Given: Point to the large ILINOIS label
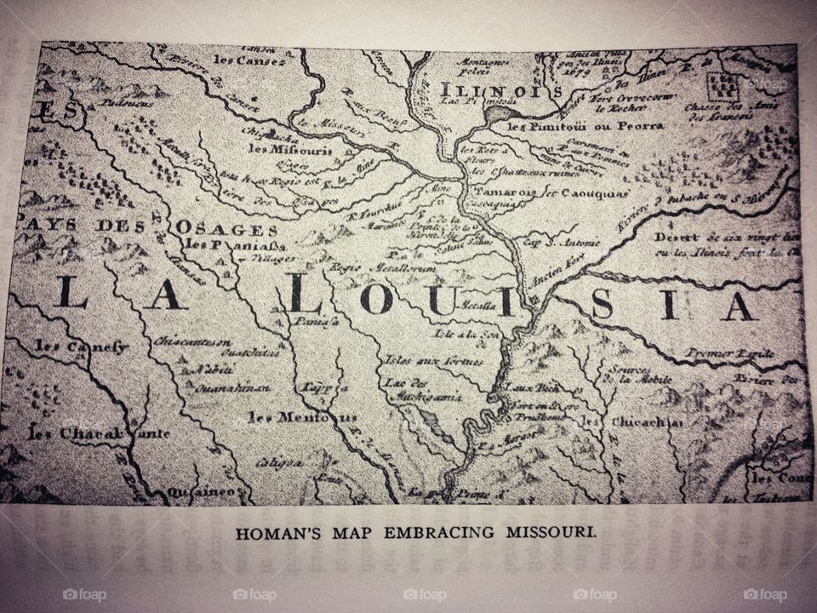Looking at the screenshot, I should (500, 89).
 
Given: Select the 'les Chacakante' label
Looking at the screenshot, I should (99, 433).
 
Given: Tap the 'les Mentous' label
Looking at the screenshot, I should (291, 417).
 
